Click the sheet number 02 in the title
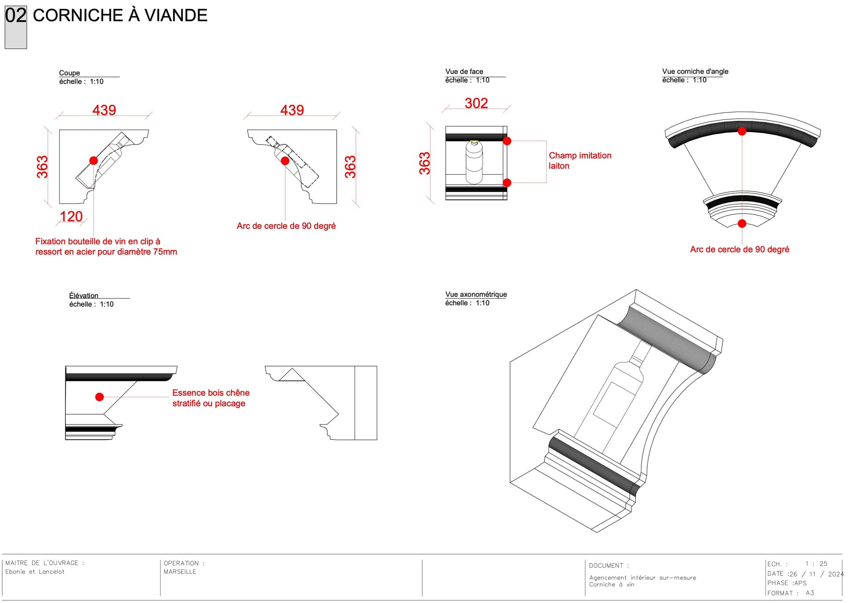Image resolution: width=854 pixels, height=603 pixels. tap(16, 16)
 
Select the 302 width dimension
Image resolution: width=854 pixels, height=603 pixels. tap(476, 103)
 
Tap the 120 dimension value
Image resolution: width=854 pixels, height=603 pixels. tap(71, 216)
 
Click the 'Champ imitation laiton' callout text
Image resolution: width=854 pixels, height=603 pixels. tap(580, 160)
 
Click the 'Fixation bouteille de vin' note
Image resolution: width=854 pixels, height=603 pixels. tap(106, 247)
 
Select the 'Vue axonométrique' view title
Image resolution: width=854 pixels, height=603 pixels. tap(476, 294)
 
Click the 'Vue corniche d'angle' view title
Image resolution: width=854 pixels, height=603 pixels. tap(695, 71)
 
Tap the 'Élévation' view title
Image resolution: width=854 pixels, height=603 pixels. tap(84, 296)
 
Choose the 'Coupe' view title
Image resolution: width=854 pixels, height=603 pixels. tap(69, 73)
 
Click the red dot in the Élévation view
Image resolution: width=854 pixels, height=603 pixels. tap(100, 397)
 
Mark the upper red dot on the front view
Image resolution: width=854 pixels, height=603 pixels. tap(507, 141)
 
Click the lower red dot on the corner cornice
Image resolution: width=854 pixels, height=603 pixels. tap(742, 224)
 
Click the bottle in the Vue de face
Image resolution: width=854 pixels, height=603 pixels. tap(474, 162)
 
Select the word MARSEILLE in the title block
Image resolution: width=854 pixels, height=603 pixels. tap(180, 572)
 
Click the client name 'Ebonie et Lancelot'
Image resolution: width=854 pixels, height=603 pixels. tap(35, 572)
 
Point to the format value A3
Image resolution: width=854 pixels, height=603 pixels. tap(810, 593)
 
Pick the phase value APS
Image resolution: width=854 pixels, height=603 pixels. tap(800, 583)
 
